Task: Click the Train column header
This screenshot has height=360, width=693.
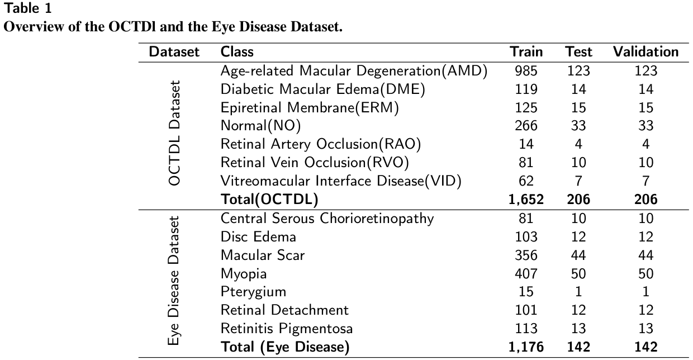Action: click(526, 52)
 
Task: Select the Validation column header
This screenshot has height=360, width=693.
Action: click(645, 52)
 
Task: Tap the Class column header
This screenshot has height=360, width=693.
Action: click(237, 52)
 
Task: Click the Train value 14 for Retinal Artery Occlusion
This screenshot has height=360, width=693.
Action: click(526, 144)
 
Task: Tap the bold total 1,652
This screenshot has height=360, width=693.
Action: click(526, 199)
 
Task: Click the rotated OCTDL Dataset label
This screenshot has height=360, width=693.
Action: click(175, 134)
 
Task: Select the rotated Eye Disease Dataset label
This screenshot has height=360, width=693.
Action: click(175, 282)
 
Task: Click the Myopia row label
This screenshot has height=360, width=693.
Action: click(244, 273)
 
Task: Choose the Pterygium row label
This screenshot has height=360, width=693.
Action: click(253, 292)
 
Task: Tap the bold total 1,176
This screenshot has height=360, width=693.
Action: click(526, 347)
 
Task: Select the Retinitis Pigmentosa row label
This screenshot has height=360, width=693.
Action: click(287, 328)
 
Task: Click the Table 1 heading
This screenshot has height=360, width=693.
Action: click(25, 8)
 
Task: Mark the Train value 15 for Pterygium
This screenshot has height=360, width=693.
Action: click(526, 292)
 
